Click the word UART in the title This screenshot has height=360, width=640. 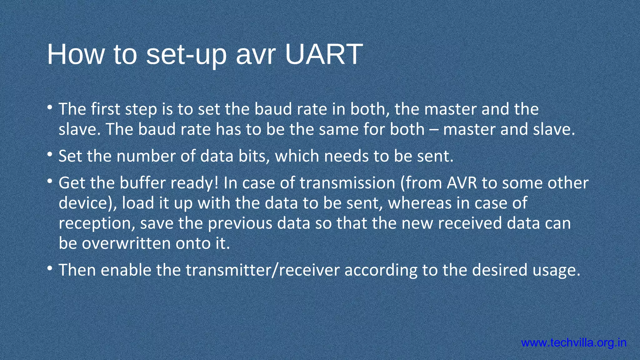(x=324, y=54)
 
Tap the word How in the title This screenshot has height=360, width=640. (x=75, y=54)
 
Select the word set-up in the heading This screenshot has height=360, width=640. (x=186, y=55)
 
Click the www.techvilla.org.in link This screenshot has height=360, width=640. (x=574, y=343)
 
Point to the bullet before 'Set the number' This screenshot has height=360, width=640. (x=50, y=155)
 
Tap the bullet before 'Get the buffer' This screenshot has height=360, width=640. (x=50, y=181)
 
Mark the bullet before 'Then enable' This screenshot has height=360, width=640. (x=50, y=268)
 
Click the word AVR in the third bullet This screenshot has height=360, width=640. (x=462, y=183)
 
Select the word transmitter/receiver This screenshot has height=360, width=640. (x=262, y=270)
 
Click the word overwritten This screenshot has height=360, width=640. (x=126, y=243)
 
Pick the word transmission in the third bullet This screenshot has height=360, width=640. (x=347, y=183)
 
